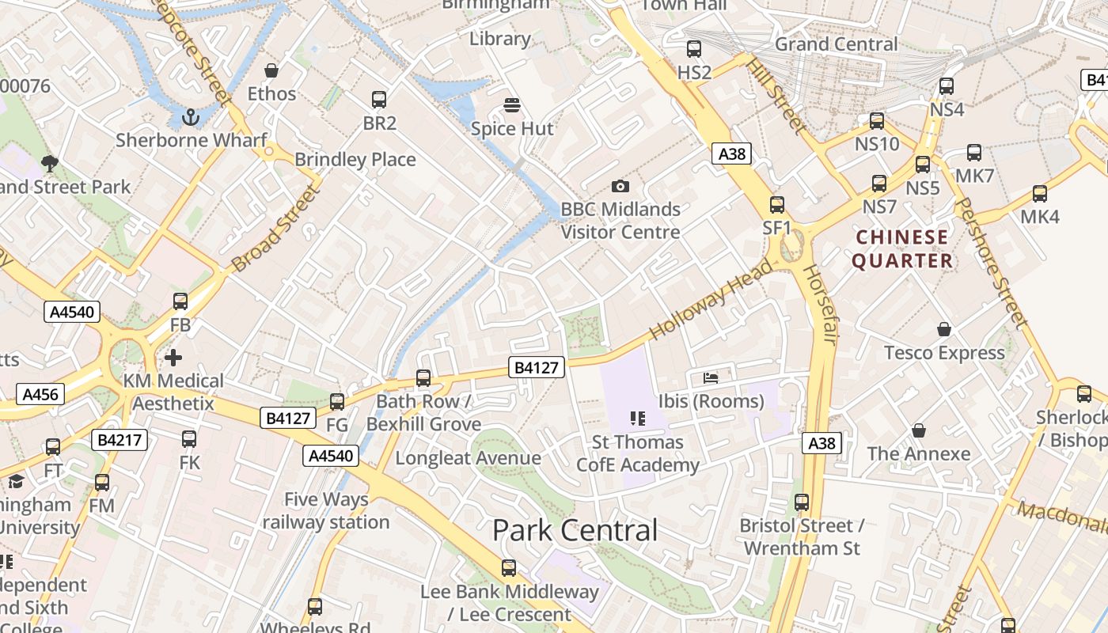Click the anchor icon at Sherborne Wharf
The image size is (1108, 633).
tap(190, 118)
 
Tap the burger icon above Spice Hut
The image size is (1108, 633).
tap(512, 106)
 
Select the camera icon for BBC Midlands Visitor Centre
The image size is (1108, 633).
tap(620, 187)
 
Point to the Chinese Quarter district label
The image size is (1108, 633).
tap(902, 248)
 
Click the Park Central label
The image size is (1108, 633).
tap(575, 530)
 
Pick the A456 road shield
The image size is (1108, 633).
tap(40, 394)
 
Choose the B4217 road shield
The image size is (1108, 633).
tap(120, 440)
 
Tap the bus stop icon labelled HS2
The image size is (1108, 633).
tap(694, 49)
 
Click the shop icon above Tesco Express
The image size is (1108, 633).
tap(943, 329)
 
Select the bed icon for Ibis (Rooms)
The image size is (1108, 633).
tap(711, 378)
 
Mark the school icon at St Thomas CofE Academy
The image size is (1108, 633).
tap(637, 419)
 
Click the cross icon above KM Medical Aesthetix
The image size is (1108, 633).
tap(173, 358)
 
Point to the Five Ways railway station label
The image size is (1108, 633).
tap(326, 511)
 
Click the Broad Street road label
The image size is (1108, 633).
tap(273, 229)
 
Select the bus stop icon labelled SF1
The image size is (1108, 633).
tap(777, 205)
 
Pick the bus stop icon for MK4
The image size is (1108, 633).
tap(1040, 194)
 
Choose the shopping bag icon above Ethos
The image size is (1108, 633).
tap(271, 70)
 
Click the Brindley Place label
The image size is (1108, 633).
tap(355, 160)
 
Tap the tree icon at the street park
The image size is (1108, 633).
tap(49, 164)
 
